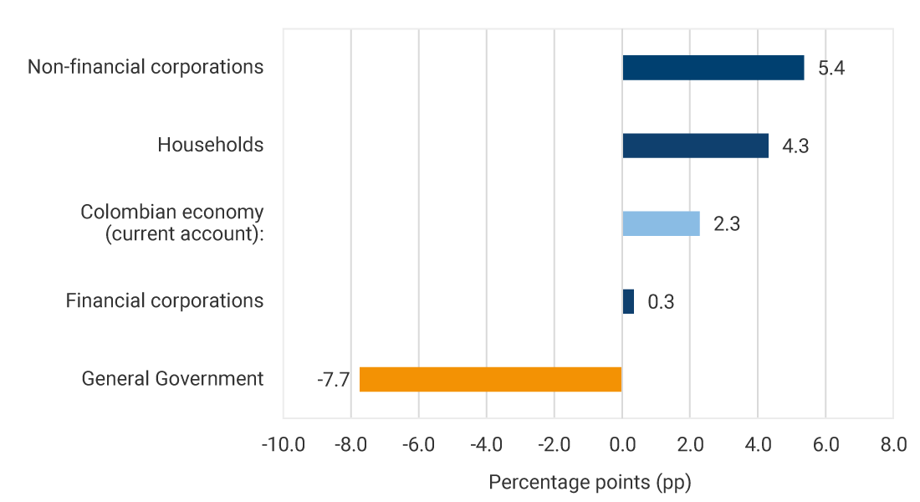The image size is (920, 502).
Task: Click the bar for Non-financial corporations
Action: pos(713,68)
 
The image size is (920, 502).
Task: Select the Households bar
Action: pos(695,146)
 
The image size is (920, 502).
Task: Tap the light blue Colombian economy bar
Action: pos(661,223)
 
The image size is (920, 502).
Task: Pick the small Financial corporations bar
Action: pos(628,301)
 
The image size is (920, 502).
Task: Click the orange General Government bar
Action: pos(491,379)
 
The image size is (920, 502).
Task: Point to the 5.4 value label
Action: pos(831,69)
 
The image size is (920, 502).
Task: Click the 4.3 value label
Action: pos(795,146)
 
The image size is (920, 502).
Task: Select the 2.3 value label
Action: pos(727,224)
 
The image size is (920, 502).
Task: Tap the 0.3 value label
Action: pos(661,302)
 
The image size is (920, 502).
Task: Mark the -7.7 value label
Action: pos(332,380)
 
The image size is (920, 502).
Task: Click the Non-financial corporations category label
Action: pos(146,67)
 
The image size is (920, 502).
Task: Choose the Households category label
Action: pos(211,145)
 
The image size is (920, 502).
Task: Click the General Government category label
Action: pos(172,379)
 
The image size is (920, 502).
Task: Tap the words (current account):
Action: pos(184,234)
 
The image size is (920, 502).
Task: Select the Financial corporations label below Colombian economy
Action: pos(165,300)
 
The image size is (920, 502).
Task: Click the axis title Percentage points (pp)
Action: pos(590,483)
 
